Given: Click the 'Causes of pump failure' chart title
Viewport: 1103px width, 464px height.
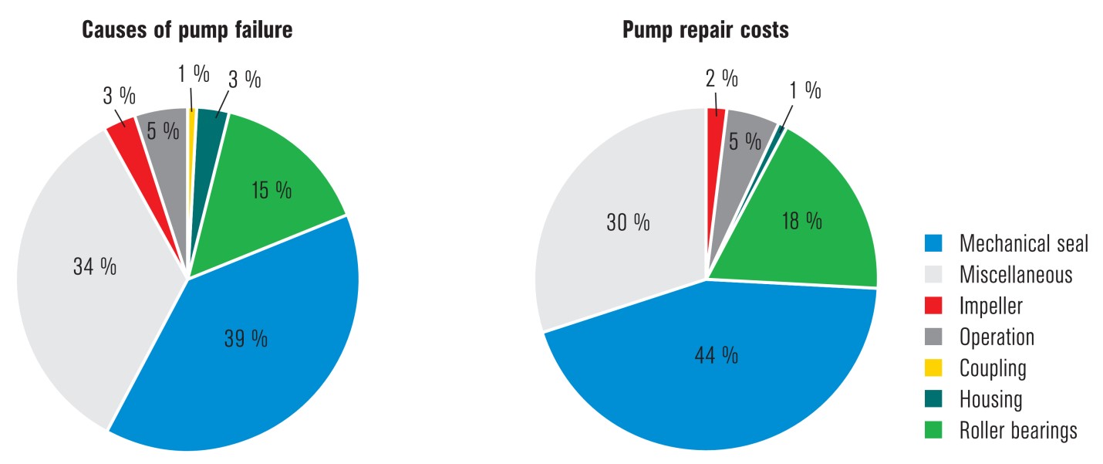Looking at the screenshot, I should (187, 31).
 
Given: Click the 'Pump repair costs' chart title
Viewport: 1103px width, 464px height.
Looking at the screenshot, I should (706, 31).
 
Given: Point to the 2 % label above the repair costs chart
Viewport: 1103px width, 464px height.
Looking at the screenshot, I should (720, 77).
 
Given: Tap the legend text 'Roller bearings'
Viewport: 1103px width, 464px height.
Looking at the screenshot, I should (1017, 431).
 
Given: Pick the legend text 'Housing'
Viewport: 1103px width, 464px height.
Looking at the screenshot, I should (990, 399).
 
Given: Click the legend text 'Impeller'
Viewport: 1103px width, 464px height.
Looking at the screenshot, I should (990, 306).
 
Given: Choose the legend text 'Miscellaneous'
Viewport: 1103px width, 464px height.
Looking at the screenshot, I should (1015, 275).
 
